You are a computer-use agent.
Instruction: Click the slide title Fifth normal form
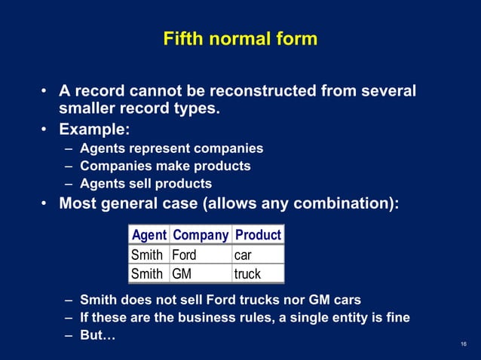pyautogui.click(x=240, y=38)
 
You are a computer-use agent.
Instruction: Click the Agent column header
pyautogui.click(x=149, y=234)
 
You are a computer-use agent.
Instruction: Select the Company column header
pyautogui.click(x=201, y=234)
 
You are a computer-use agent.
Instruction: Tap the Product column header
pyautogui.click(x=258, y=234)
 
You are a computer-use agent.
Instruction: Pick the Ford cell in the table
pyautogui.click(x=184, y=255)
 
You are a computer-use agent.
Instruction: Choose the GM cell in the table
pyautogui.click(x=182, y=273)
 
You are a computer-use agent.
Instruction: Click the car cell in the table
pyautogui.click(x=243, y=255)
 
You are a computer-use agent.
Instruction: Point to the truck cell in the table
pyautogui.click(x=247, y=273)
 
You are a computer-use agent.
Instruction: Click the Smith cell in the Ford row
pyautogui.click(x=147, y=255)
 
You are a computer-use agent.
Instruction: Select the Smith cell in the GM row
pyautogui.click(x=147, y=273)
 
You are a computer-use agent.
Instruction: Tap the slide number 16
pyautogui.click(x=463, y=344)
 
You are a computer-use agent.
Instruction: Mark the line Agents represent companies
pyautogui.click(x=171, y=148)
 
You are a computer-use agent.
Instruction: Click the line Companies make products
pyautogui.click(x=165, y=166)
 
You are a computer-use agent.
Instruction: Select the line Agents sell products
pyautogui.click(x=146, y=184)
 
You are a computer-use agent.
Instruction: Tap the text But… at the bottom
pyautogui.click(x=98, y=335)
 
